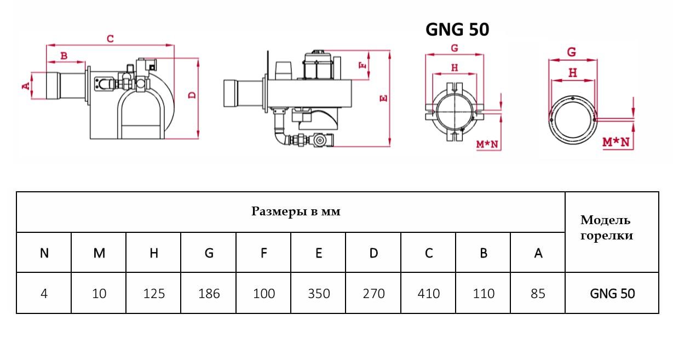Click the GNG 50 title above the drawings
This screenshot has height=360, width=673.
(x=457, y=30)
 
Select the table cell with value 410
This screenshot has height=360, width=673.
(x=428, y=294)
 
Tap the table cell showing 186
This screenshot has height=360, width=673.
(x=209, y=294)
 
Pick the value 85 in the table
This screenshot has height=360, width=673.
(x=538, y=294)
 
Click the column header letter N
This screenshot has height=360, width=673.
(x=44, y=253)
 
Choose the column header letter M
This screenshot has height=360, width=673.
(x=99, y=253)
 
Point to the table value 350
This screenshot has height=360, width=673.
(x=319, y=294)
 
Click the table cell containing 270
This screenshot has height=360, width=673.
(x=373, y=294)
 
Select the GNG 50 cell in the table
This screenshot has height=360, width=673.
(x=612, y=294)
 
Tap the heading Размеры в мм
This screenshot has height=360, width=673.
(x=296, y=212)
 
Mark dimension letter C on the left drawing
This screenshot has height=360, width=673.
(x=110, y=38)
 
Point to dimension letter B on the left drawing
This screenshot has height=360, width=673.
(x=64, y=55)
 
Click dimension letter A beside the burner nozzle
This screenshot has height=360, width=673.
(x=25, y=86)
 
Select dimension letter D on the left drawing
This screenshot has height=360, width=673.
(x=192, y=95)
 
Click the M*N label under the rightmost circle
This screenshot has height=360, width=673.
(x=616, y=142)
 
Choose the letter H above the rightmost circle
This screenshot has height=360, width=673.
(x=572, y=72)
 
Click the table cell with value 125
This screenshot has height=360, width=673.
(x=154, y=294)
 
